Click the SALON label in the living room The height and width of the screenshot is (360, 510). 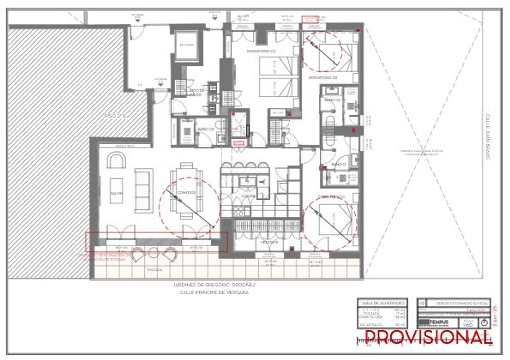[x=116, y=193]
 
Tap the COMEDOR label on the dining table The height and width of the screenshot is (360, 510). [x=187, y=193]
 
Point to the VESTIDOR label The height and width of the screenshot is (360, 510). [x=270, y=242]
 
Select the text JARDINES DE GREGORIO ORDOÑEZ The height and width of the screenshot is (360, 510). [x=214, y=285]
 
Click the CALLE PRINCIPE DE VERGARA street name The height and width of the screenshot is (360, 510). [x=214, y=292]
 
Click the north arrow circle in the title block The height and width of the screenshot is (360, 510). [x=485, y=323]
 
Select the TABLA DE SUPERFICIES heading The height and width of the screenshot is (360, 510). [x=382, y=303]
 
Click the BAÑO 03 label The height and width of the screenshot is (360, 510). [x=205, y=130]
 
